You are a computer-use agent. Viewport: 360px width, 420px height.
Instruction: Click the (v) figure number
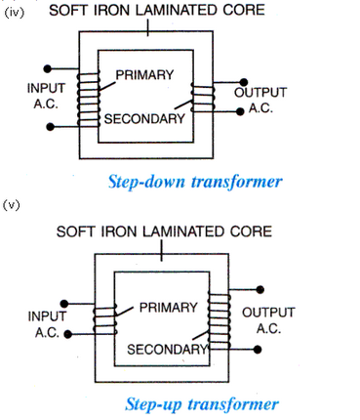point(13,205)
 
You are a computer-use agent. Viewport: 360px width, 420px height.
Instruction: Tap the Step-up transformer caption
point(202,403)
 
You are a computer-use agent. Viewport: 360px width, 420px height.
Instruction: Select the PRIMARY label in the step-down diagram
point(144,75)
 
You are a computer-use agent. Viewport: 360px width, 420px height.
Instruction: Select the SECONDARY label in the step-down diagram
point(145,119)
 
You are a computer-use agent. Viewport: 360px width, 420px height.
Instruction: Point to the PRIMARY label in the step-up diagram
point(168,308)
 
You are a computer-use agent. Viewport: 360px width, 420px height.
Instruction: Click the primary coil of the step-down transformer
point(88,97)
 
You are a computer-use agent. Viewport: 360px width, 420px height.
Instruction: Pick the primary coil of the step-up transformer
point(102,322)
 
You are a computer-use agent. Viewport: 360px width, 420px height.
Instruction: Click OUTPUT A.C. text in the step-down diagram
point(260,101)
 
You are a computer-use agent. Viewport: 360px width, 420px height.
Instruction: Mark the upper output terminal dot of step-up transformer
point(260,289)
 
